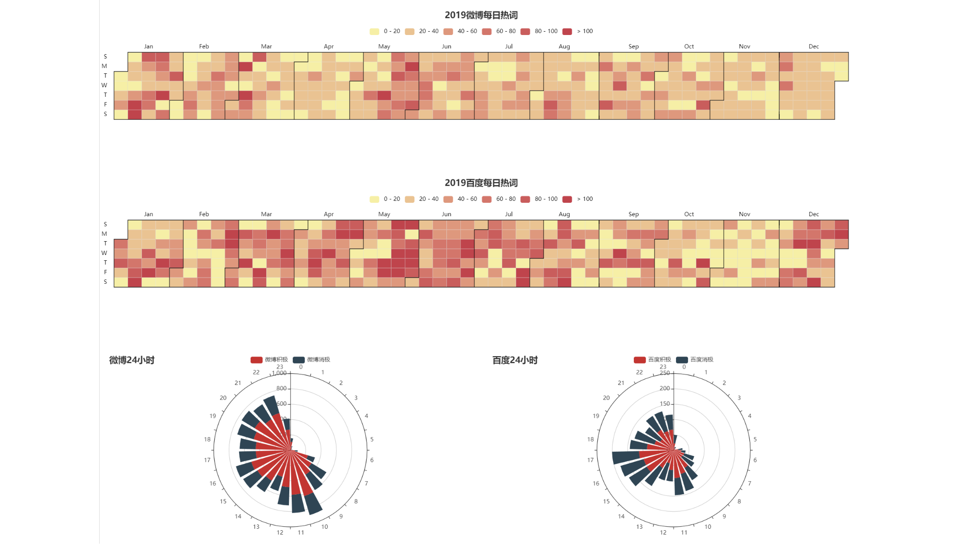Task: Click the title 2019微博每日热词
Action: click(x=481, y=15)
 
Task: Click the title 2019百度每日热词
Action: click(x=481, y=183)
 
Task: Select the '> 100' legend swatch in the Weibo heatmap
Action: click(x=567, y=32)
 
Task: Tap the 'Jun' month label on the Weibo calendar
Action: click(x=446, y=47)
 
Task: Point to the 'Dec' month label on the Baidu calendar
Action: click(x=813, y=214)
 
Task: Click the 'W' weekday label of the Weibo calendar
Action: click(x=104, y=85)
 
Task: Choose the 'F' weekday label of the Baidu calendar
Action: click(x=105, y=272)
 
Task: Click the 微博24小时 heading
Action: click(x=132, y=360)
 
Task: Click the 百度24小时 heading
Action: click(x=515, y=360)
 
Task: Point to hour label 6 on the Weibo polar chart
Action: click(x=372, y=460)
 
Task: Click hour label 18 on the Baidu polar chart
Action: click(x=590, y=439)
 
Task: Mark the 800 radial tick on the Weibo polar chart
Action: click(x=281, y=388)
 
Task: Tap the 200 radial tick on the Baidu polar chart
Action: click(x=664, y=388)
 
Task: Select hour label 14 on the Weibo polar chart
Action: click(x=238, y=516)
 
